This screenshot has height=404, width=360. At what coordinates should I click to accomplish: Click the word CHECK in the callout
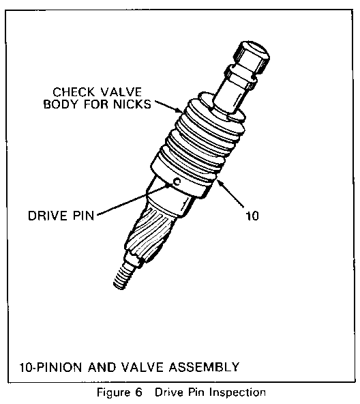pos(74,92)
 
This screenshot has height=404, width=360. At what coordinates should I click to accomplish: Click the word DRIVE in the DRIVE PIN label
pos(48,216)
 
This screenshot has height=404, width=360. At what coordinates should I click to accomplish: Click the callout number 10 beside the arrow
pos(252,216)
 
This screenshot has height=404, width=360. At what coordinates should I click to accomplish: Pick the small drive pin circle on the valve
pos(177,182)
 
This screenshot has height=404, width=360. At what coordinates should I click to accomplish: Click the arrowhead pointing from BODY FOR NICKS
pos(179,111)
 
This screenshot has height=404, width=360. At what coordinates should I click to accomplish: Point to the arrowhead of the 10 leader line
pos(220,182)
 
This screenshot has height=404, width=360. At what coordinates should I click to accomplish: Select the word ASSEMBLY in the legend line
pos(204,367)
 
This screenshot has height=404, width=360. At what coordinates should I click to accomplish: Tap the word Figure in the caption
pos(112,392)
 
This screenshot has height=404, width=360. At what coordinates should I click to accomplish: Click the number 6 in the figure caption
pos(138,392)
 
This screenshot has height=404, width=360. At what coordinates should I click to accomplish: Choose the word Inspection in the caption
pos(237,392)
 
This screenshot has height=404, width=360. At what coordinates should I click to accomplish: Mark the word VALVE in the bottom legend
pos(142,367)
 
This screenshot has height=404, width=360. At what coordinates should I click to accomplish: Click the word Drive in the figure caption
pos(168,392)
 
